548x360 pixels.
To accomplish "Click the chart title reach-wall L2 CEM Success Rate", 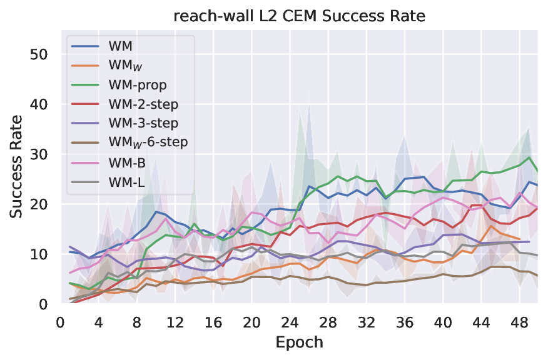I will [299, 16].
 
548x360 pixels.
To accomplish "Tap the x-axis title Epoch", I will [299, 342].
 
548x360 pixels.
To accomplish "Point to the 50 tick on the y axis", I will [39, 54].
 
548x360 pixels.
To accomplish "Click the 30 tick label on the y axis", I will [39, 154].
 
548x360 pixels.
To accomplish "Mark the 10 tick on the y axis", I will [39, 254].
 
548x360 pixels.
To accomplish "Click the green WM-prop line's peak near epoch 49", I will [529, 157].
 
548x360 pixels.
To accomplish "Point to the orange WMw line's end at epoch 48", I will [519, 239].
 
